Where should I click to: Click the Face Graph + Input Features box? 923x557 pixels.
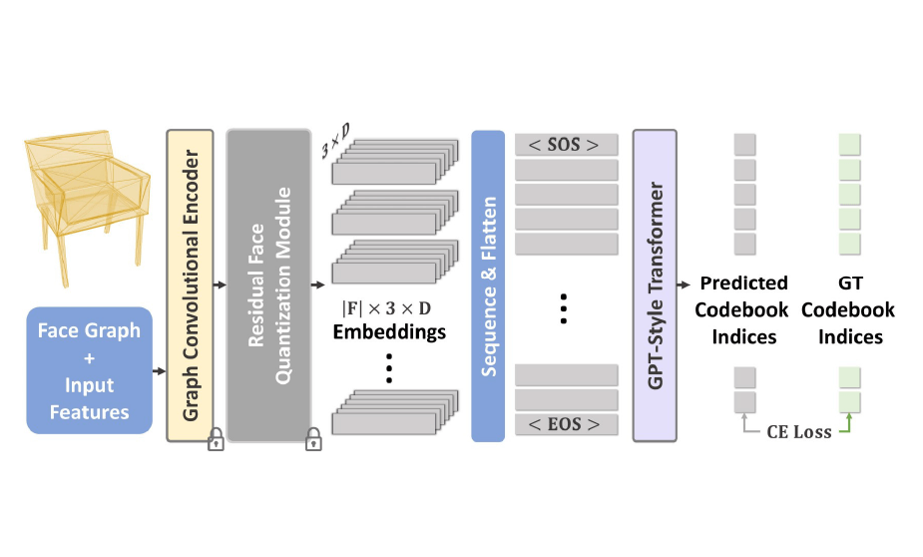tap(90, 370)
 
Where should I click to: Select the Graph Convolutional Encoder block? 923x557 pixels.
tap(190, 284)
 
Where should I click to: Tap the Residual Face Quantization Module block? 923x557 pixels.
tap(268, 284)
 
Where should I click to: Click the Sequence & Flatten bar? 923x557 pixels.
tap(489, 284)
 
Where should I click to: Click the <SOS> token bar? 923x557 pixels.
tap(566, 145)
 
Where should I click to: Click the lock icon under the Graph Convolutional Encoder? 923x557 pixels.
tap(215, 440)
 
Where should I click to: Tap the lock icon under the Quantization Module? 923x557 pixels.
tap(312, 440)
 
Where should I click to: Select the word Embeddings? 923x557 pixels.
tap(389, 332)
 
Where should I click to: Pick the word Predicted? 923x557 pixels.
tap(743, 283)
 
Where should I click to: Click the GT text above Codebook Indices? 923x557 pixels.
tap(850, 283)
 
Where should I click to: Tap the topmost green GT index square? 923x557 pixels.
tap(849, 144)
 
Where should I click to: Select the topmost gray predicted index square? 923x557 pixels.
tap(744, 144)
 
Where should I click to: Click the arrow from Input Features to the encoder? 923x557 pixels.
tap(157, 371)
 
